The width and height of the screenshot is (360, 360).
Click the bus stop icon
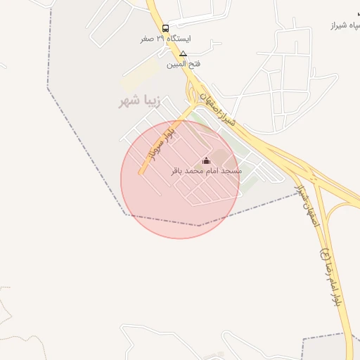[165, 28]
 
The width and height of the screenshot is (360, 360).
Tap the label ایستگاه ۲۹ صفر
[166, 39]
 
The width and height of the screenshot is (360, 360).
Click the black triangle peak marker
[184, 53]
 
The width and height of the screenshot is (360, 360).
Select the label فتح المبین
[184, 64]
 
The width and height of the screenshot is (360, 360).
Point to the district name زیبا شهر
[140, 102]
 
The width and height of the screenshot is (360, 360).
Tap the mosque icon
[206, 160]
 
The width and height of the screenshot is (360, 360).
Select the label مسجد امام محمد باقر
[206, 171]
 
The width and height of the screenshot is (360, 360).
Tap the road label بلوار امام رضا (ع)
[330, 275]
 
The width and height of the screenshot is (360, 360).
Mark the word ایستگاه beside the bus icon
[179, 39]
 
